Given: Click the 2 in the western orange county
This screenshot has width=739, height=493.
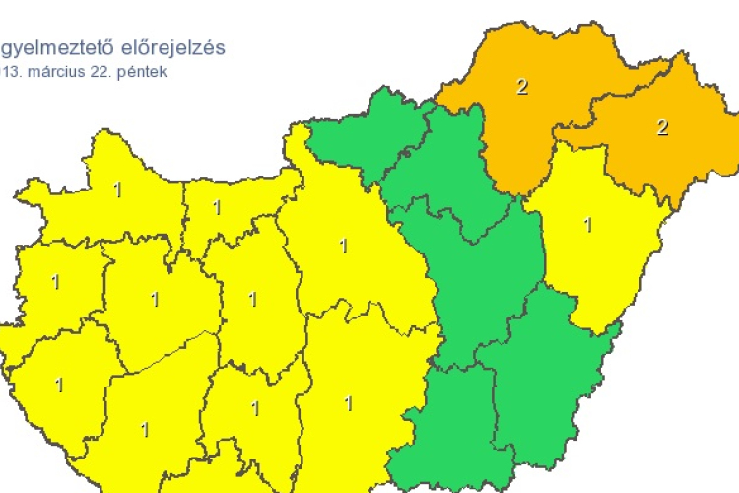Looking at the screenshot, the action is [x=521, y=87].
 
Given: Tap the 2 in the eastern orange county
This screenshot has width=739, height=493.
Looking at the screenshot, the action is [x=662, y=127].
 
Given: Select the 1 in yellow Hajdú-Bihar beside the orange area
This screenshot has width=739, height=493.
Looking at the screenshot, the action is [x=588, y=225].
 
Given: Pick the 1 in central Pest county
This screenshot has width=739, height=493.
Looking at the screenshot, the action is [x=344, y=246].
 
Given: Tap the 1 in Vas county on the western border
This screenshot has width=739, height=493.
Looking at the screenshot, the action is [x=55, y=283].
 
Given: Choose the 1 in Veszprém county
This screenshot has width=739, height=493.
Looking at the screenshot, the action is [x=154, y=299].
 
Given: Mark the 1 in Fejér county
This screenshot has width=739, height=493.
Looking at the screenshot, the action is [x=253, y=299].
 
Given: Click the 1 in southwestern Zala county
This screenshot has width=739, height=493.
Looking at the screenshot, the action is [x=59, y=385].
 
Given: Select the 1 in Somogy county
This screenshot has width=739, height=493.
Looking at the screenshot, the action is [x=145, y=429].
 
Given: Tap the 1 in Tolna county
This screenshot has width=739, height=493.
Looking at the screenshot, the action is [x=255, y=408].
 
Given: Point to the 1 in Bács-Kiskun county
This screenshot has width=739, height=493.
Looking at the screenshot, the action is [x=348, y=403].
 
